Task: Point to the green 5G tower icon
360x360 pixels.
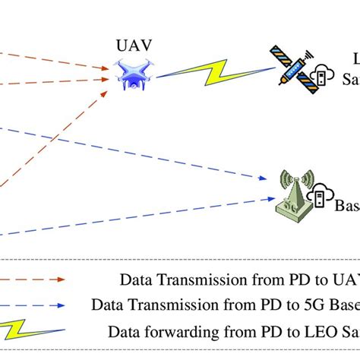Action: pyautogui.click(x=292, y=198)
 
